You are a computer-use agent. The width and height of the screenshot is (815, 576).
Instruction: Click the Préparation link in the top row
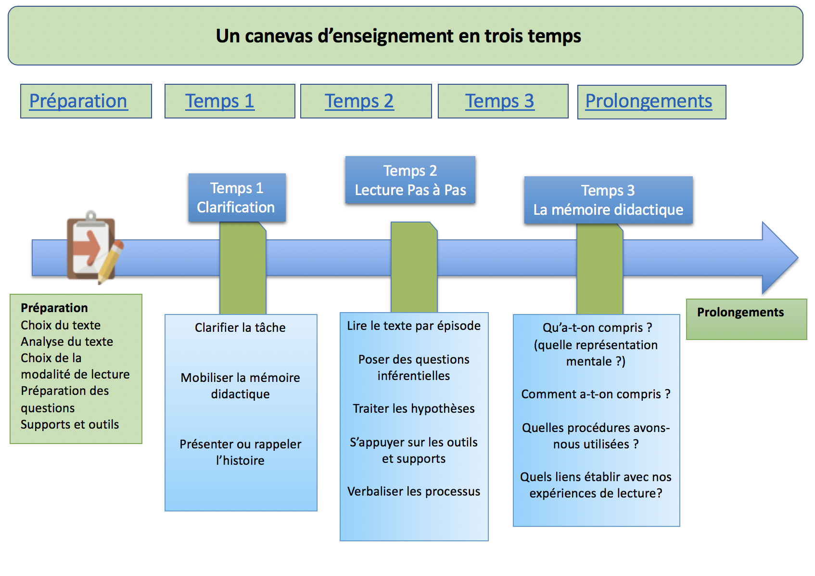click(x=86, y=101)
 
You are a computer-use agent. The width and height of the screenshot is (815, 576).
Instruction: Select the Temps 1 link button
click(x=229, y=101)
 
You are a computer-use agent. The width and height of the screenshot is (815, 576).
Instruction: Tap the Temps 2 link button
click(x=366, y=101)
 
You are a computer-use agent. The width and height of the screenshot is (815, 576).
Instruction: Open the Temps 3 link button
click(x=503, y=101)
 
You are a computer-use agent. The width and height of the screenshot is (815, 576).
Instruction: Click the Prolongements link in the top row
click(x=651, y=102)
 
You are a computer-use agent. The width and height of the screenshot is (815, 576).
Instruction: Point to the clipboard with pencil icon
click(x=95, y=248)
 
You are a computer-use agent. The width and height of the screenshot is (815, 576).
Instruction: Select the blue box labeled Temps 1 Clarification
click(x=237, y=197)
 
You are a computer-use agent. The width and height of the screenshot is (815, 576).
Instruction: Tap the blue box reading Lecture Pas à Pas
click(x=410, y=180)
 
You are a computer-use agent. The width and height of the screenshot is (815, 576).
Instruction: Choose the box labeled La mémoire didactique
click(x=608, y=200)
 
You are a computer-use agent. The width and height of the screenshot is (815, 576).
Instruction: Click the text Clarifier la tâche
click(x=240, y=327)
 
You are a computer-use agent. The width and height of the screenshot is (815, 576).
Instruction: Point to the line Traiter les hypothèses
click(x=414, y=408)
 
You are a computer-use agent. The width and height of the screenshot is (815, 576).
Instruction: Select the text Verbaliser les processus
click(x=414, y=491)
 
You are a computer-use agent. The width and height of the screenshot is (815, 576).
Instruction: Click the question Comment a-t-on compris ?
click(x=596, y=394)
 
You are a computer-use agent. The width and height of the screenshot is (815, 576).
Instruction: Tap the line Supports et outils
click(x=70, y=424)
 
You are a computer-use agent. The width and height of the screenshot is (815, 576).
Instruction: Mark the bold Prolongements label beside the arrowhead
click(x=740, y=312)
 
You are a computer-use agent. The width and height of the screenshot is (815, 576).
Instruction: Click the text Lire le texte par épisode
click(x=414, y=326)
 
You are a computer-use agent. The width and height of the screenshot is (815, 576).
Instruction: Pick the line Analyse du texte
click(x=67, y=342)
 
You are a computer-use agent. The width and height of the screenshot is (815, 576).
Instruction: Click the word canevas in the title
click(x=279, y=36)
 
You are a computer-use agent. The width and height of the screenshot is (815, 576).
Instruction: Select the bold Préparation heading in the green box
click(x=54, y=308)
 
